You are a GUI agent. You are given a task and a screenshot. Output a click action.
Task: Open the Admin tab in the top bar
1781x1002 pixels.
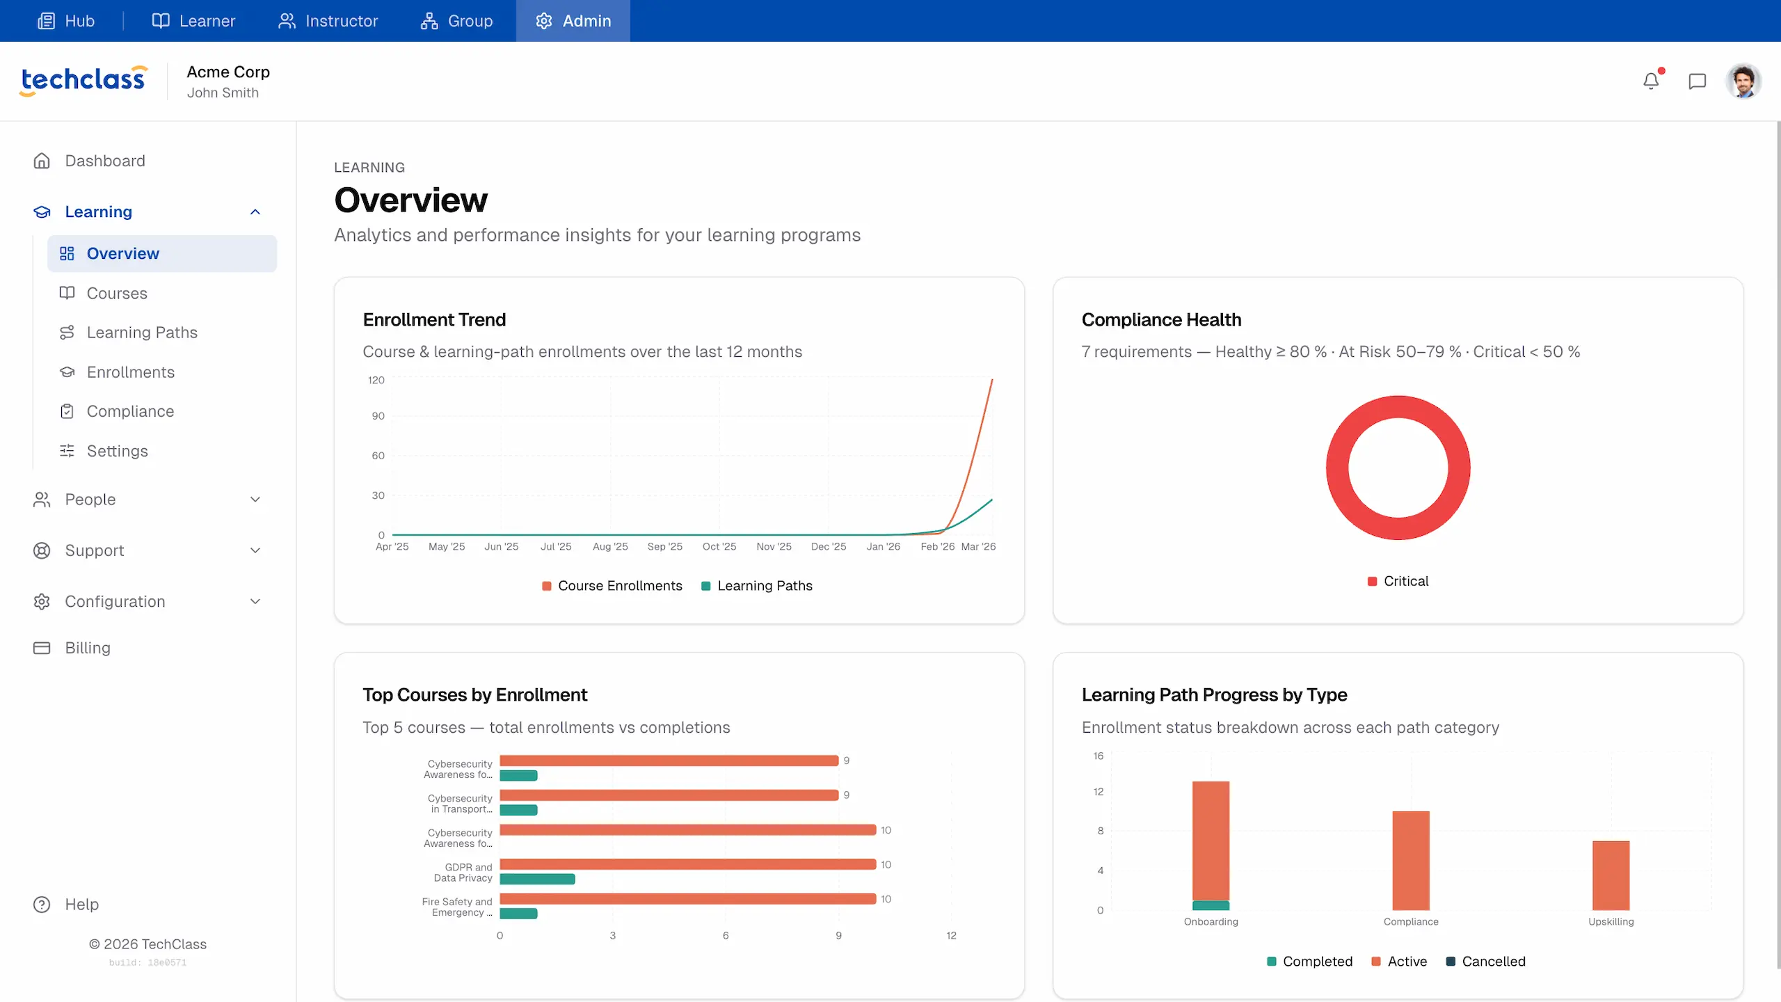point(573,21)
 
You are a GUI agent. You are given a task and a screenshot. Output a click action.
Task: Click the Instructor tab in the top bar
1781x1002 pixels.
point(328,21)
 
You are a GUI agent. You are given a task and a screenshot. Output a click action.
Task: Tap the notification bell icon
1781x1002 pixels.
point(1651,81)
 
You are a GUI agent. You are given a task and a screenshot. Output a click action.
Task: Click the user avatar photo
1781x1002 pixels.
point(1743,81)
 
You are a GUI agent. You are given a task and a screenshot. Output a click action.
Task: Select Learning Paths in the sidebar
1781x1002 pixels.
point(142,333)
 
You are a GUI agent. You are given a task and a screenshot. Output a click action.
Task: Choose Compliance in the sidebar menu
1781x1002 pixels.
point(130,411)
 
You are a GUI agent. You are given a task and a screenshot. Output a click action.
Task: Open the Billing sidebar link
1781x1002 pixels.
point(88,648)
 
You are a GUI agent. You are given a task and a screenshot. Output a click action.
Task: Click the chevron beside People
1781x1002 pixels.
point(255,500)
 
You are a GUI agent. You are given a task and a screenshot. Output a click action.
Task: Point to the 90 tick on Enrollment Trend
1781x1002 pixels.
point(378,416)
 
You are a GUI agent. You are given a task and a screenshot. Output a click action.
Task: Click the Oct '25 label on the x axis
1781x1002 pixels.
point(719,547)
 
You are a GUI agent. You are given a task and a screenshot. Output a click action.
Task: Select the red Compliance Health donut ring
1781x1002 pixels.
point(1337,468)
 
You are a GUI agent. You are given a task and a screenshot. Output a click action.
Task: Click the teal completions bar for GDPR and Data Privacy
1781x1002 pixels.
point(537,879)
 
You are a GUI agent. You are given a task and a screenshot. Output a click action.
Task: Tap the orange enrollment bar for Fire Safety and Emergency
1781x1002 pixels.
point(687,899)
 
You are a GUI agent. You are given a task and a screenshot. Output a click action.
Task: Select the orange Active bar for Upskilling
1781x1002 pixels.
point(1611,875)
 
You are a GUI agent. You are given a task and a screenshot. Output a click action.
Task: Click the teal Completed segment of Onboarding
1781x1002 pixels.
point(1211,905)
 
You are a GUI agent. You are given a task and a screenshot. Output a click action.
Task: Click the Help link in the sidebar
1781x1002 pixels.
point(81,905)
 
